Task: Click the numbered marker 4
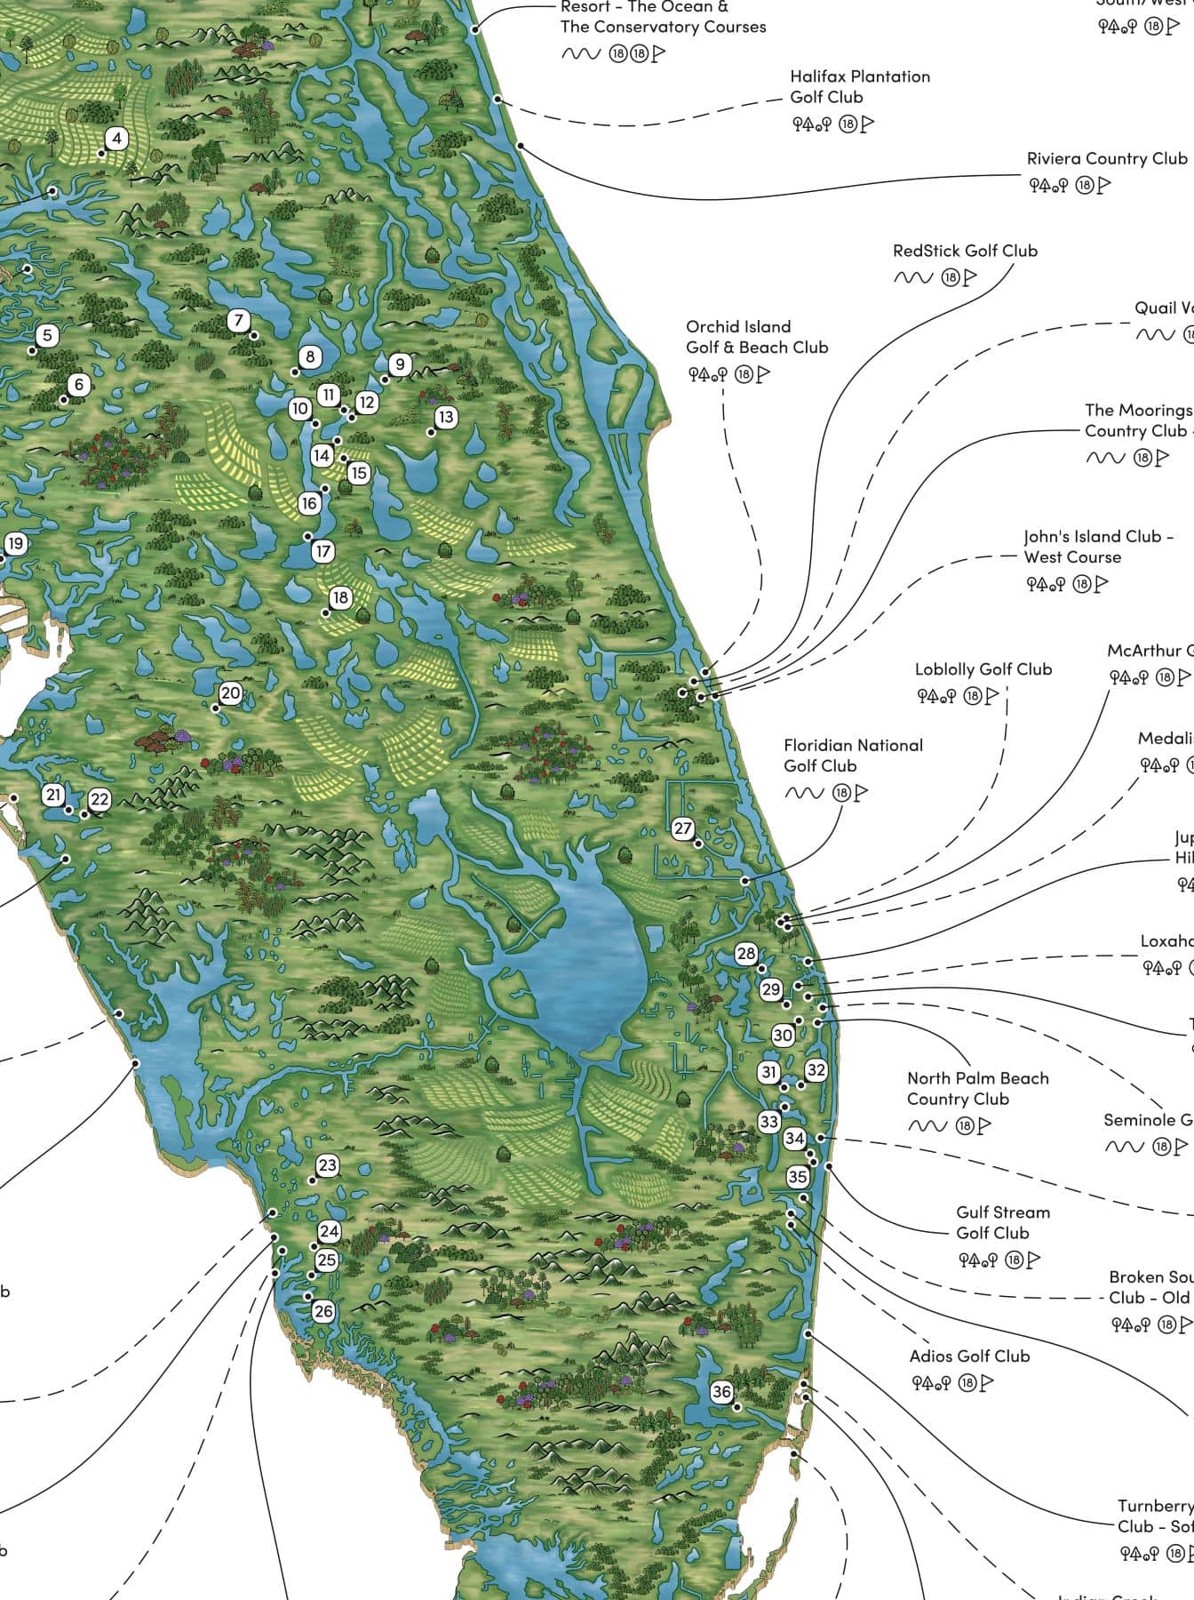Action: [116, 139]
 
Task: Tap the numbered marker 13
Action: [445, 417]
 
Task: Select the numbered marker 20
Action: [230, 693]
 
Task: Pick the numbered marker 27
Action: [682, 828]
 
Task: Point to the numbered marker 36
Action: [721, 1392]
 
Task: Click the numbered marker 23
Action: [327, 1165]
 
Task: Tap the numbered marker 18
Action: [339, 598]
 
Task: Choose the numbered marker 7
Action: [238, 320]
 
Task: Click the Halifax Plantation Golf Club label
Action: [860, 87]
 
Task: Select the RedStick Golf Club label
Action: [965, 251]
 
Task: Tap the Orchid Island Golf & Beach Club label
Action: [756, 337]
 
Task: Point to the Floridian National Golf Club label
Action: [853, 756]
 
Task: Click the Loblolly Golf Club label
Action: [983, 669]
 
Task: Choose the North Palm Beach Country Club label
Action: [977, 1089]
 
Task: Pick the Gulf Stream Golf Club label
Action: [1003, 1222]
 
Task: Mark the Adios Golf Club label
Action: [969, 1356]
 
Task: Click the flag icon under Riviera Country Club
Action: [1104, 186]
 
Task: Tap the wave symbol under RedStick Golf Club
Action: [912, 278]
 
